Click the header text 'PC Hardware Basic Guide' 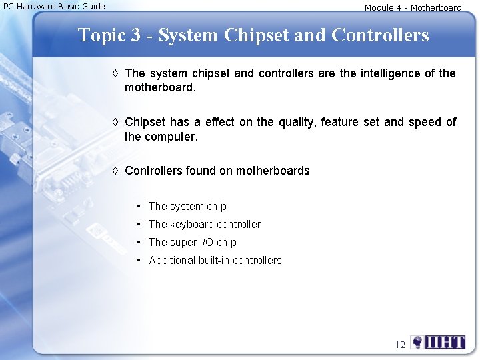pos(54,6)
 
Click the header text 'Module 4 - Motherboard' pos(413,8)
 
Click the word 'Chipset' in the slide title pos(256,35)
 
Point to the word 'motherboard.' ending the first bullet pos(160,87)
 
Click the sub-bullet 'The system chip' pos(187,207)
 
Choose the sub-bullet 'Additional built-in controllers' pos(215,261)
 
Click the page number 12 pos(400,345)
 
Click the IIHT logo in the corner pos(438,343)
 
